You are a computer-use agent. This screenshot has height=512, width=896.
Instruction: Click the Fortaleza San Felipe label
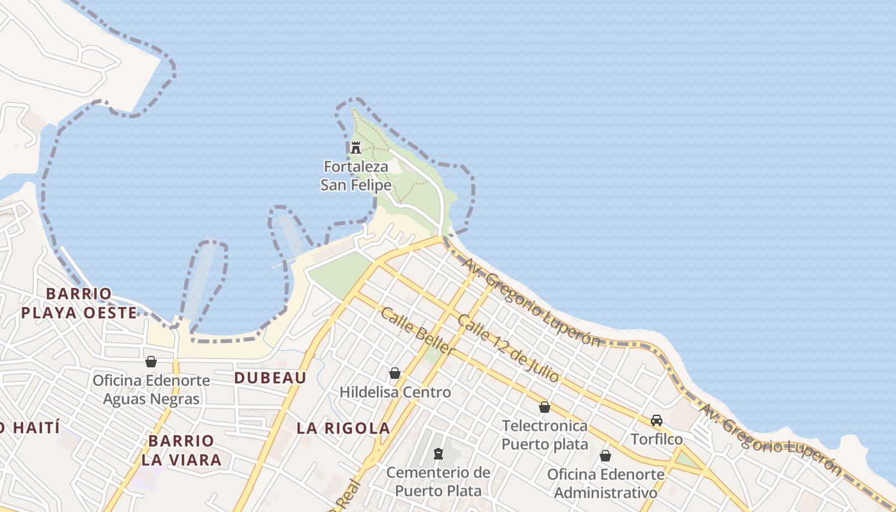coord(356,176)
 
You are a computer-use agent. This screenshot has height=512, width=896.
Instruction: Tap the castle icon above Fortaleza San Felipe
coord(356,148)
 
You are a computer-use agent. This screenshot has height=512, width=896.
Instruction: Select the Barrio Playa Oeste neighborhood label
coord(79,303)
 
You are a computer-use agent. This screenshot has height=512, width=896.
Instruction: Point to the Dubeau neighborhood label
coord(270,378)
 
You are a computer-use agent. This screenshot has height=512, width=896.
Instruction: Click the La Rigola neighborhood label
coord(343,428)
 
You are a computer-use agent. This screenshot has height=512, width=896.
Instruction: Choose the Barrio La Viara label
coord(181,450)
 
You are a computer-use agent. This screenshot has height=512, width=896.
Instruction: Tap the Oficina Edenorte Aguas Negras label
coord(151,390)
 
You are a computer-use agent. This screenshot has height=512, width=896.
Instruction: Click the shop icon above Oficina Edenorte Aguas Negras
coord(151,362)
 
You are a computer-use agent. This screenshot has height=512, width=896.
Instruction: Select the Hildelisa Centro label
coord(395,392)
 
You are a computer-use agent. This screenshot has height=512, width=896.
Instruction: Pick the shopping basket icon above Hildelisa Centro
coord(395,373)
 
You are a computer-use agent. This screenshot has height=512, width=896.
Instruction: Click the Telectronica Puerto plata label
coord(545,435)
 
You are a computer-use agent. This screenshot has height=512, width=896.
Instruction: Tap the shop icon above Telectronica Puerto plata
coord(545,407)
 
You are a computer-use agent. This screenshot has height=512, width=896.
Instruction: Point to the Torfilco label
coord(657,440)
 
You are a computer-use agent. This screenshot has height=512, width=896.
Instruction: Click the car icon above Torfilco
coord(657,420)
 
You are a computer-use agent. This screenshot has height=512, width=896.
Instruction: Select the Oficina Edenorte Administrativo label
coord(605,483)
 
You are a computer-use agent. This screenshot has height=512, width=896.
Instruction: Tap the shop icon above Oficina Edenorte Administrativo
coord(605,456)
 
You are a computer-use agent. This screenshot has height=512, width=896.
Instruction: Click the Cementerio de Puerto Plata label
coord(438,481)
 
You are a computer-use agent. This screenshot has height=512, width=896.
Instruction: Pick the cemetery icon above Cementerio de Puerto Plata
coord(438,454)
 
